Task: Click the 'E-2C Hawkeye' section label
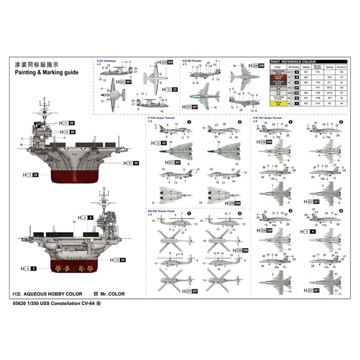[106, 61]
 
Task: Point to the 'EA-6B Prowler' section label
[199, 61]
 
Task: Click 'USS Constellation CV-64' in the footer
[71, 303]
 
